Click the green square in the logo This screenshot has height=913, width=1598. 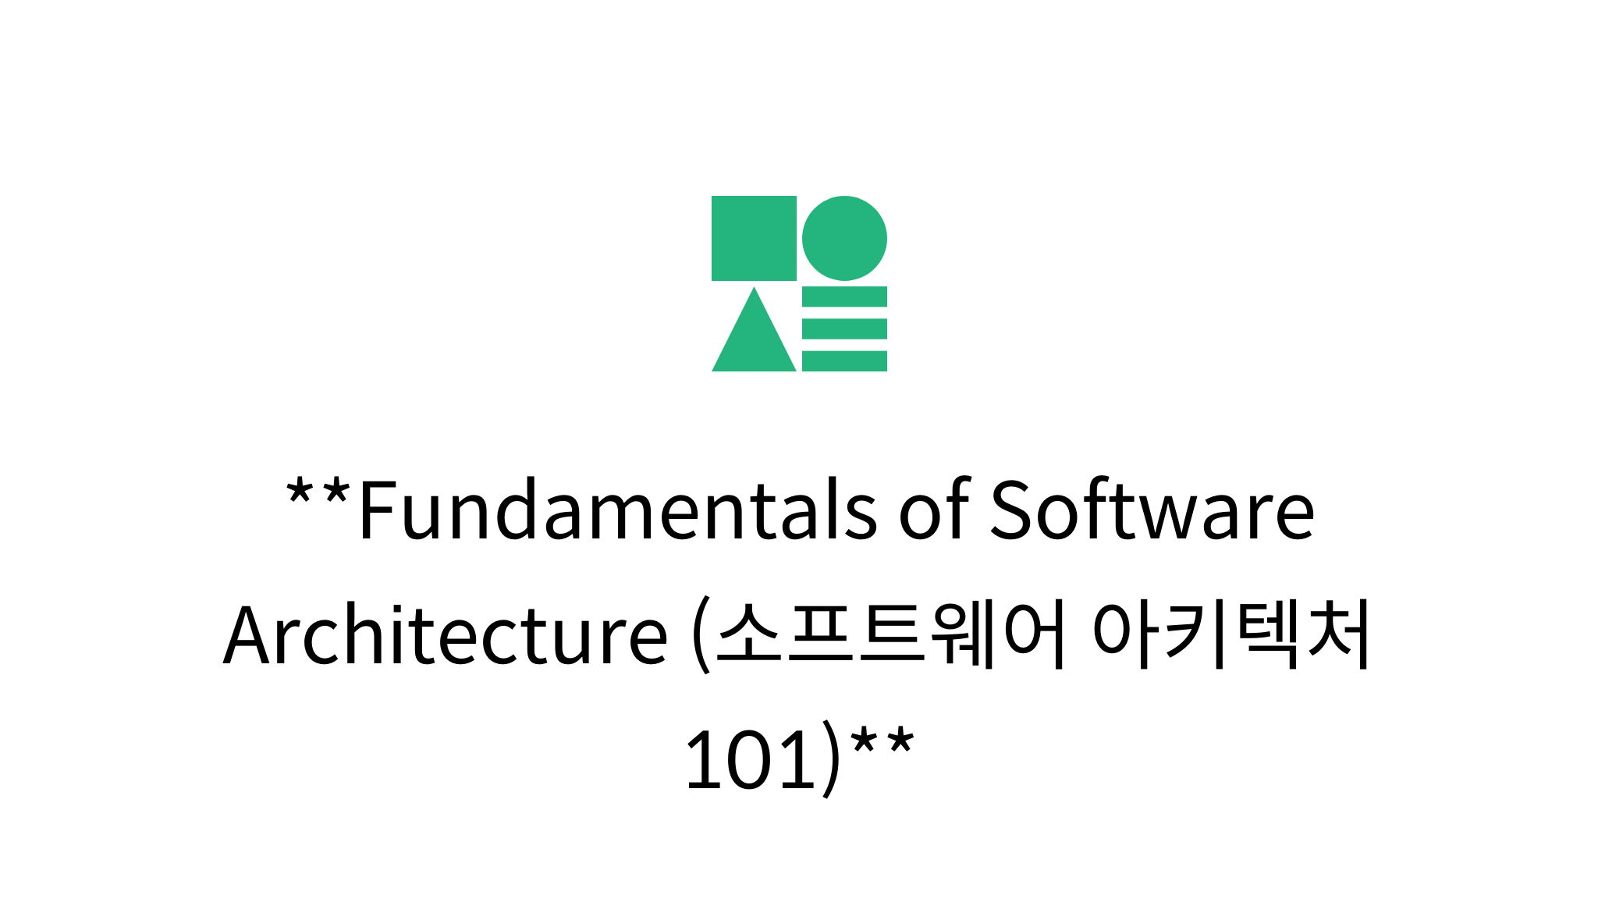tap(754, 238)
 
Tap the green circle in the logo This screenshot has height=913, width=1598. tap(844, 238)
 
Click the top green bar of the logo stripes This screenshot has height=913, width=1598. tap(844, 297)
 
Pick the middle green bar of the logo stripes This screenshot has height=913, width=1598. tap(844, 329)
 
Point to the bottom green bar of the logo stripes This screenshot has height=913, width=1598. tap(844, 361)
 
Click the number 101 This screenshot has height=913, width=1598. tap(750, 759)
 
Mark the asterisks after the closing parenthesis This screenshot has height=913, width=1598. tap(882, 742)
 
